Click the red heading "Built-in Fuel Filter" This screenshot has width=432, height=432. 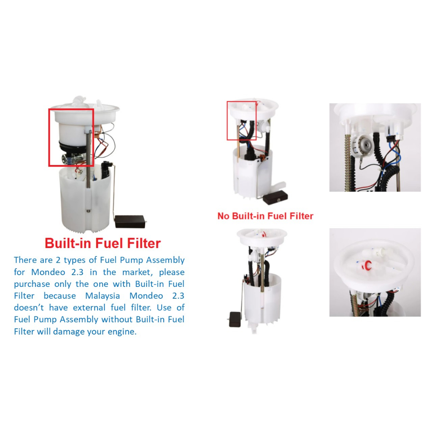click(x=103, y=243)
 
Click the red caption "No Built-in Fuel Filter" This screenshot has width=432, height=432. click(x=265, y=216)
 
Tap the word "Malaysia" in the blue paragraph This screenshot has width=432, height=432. click(x=103, y=296)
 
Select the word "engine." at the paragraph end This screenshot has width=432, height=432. click(x=122, y=332)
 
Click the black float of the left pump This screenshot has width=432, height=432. click(x=130, y=221)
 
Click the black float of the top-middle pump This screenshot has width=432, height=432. click(x=275, y=196)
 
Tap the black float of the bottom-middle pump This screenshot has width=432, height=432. click(x=235, y=319)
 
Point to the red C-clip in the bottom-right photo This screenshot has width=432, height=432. click(x=367, y=266)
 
